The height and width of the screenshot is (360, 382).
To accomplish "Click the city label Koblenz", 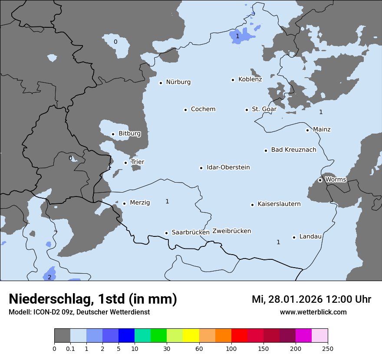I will tap(250, 79).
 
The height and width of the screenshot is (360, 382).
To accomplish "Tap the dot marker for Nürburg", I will tap(161, 83).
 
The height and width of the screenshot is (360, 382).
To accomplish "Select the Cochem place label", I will tap(203, 109).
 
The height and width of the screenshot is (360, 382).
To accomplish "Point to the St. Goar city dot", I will tap(247, 110).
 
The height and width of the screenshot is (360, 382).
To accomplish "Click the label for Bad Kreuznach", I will tap(293, 150).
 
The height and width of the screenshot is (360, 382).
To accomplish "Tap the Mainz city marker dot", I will tap(307, 130).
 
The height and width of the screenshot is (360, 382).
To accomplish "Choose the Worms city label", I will tap(336, 180).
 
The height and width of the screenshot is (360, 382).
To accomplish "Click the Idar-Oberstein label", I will tap(228, 167).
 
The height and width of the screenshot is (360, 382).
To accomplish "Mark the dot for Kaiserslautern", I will tap(252, 205).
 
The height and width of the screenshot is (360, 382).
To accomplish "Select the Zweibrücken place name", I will tap(231, 231).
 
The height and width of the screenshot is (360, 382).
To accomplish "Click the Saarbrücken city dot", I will tap(166, 233).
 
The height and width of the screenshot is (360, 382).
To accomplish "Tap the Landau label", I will tap(310, 237).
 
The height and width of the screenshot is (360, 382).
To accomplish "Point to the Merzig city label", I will tap(140, 203).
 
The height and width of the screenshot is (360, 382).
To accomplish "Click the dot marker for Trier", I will tap(125, 163).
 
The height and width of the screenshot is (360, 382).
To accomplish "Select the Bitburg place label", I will tap(129, 134).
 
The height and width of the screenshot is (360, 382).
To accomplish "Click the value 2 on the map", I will tap(49, 277).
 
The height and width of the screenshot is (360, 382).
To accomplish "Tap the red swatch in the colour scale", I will tap(239, 336).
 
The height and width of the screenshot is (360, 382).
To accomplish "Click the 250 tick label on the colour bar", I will tap(328, 348).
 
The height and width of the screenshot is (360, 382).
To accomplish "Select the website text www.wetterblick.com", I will tap(313, 312).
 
